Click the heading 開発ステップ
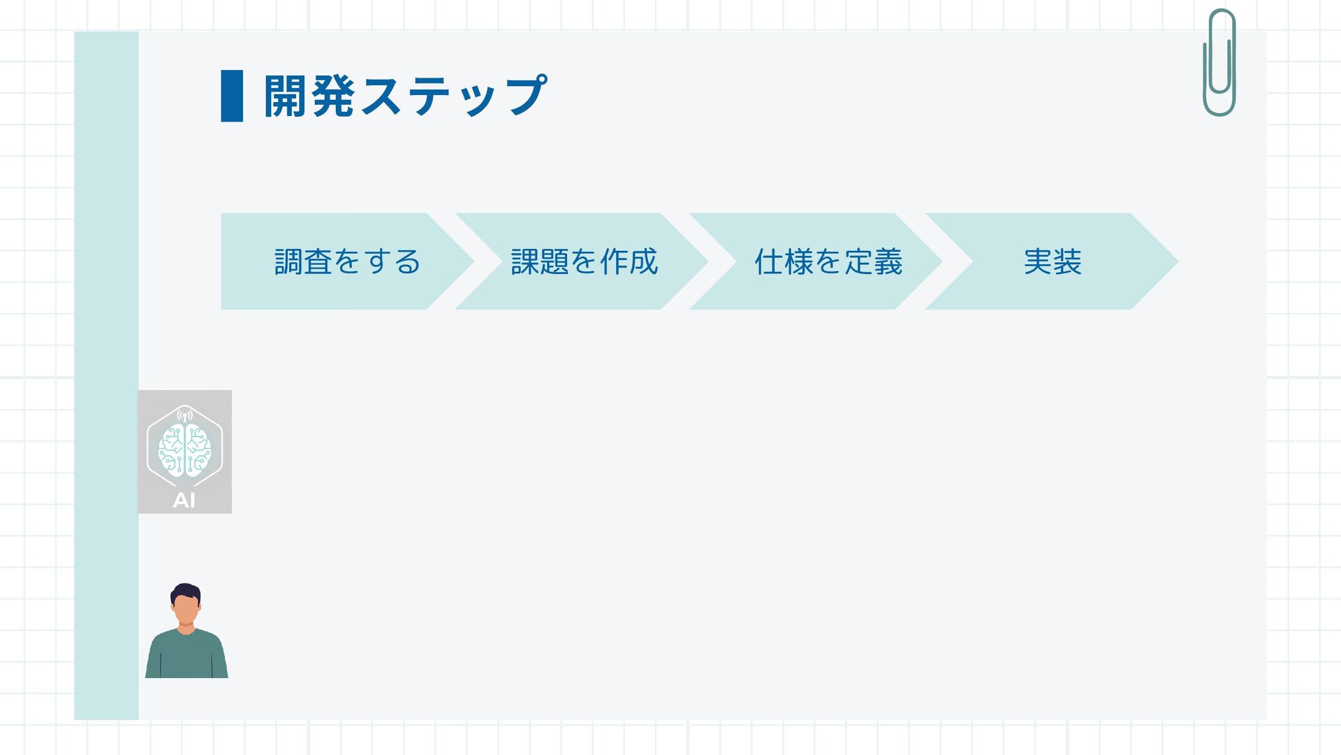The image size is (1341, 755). (x=405, y=96)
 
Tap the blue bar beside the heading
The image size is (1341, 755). (x=232, y=96)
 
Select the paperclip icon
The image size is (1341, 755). (x=1219, y=63)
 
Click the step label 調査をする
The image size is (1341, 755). (x=347, y=262)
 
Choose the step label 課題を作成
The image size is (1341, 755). (x=584, y=262)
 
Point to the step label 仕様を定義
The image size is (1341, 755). (x=828, y=262)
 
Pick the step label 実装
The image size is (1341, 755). (x=1053, y=262)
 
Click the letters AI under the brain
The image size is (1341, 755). (x=184, y=501)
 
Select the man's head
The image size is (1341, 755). (x=185, y=605)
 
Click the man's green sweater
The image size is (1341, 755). (x=186, y=656)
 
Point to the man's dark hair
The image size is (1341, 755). (x=185, y=591)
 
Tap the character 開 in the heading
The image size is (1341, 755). (x=285, y=96)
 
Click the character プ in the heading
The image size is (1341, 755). (x=527, y=96)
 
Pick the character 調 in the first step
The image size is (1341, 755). (x=288, y=262)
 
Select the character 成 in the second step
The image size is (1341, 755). (x=643, y=262)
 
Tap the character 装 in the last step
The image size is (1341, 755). (x=1068, y=262)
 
